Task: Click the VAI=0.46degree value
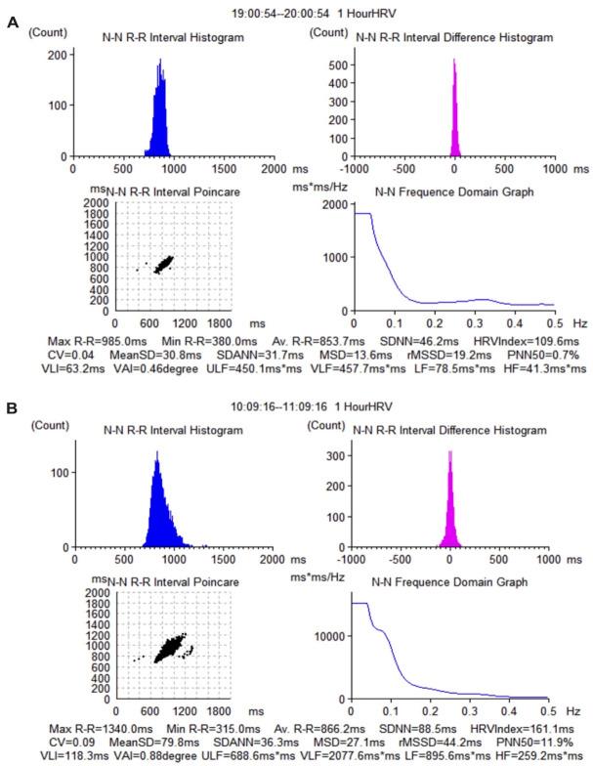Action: pyautogui.click(x=157, y=368)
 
